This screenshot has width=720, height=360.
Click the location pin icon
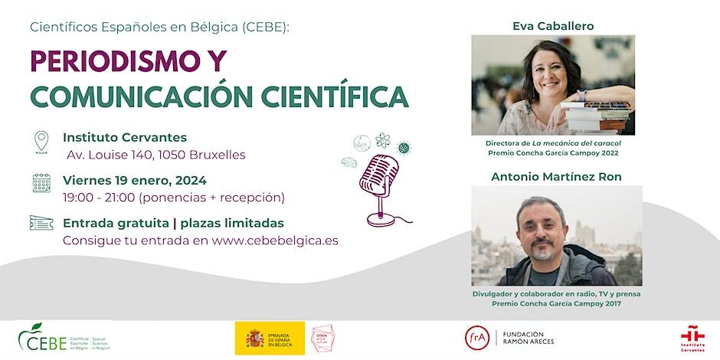(41, 142)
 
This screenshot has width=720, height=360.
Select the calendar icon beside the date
(41, 182)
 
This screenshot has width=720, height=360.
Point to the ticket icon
(41, 223)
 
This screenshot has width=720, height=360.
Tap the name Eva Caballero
(553, 26)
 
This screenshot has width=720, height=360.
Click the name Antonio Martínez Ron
(556, 177)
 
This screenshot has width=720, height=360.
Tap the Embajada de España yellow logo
(270, 339)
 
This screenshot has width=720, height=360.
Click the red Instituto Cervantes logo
(692, 338)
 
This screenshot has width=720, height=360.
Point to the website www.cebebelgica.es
(274, 241)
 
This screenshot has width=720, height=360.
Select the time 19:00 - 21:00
(99, 198)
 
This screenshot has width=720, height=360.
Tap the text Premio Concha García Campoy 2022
(552, 153)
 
